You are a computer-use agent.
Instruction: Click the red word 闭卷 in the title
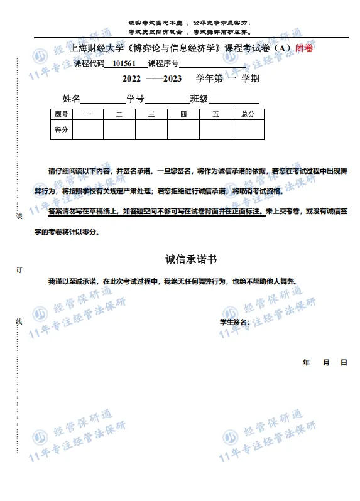coord(305,48)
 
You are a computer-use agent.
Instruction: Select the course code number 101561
coord(124,63)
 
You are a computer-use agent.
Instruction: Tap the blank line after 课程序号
coord(212,64)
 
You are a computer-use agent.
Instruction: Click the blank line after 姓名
coord(103,99)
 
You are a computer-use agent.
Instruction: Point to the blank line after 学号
coord(167,99)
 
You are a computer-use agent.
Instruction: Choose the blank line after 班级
coord(233,99)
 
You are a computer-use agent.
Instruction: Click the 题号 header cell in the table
coord(62,114)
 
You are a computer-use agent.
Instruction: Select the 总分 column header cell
coord(248,114)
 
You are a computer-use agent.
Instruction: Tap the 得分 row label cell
coord(62,129)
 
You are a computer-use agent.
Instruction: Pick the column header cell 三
coord(151,114)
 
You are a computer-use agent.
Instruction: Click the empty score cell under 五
coord(215,129)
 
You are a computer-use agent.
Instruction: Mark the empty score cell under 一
coord(87,129)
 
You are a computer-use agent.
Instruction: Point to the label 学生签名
coord(234,322)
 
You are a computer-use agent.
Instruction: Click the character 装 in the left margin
coord(19,216)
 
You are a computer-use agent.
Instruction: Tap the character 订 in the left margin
coord(19,269)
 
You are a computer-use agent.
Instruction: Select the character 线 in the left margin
coord(19,321)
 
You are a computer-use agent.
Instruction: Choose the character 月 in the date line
coord(326,363)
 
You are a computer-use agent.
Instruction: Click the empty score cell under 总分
coord(248,129)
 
